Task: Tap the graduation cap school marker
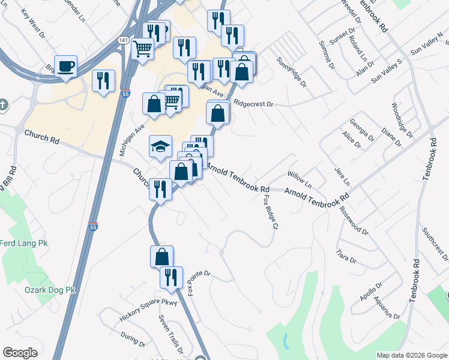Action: [x=160, y=146]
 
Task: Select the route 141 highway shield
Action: [x=122, y=40]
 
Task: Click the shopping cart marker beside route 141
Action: [x=142, y=48]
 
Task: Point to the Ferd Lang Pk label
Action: [x=23, y=244]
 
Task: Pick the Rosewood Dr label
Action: [x=354, y=220]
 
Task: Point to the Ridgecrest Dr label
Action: [x=253, y=104]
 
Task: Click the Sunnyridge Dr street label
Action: [x=291, y=71]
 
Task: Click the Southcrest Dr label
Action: [x=435, y=240]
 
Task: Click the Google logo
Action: [x=20, y=353]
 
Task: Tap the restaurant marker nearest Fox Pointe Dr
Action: [x=171, y=278]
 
